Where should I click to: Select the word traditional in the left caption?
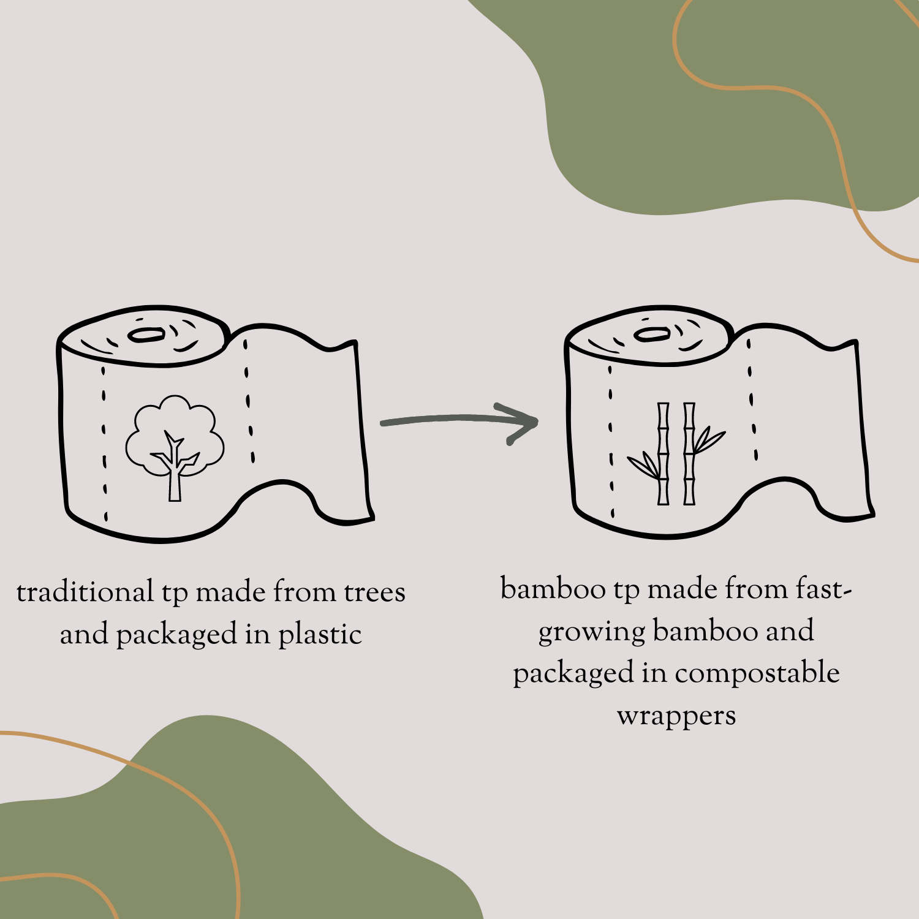85,592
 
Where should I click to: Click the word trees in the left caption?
374,592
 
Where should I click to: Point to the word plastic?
320,635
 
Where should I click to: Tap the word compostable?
757,673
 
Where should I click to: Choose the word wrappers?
676,716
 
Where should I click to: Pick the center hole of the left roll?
146,335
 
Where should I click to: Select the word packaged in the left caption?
176,635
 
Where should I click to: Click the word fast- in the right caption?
823,589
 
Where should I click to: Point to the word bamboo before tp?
553,589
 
